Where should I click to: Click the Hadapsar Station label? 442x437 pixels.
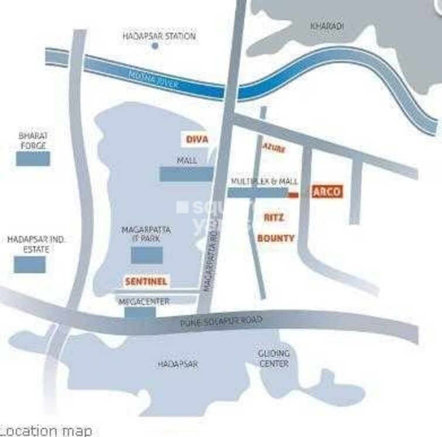(x=159, y=36)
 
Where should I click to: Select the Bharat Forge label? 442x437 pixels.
(x=33, y=140)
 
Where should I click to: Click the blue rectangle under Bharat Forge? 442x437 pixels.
(x=33, y=159)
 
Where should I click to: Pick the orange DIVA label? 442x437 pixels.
(x=197, y=139)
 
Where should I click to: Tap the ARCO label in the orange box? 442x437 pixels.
(x=326, y=192)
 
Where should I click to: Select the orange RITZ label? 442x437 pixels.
(x=274, y=218)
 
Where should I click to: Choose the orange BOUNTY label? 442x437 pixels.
(x=276, y=239)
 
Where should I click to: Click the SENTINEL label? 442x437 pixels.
(x=146, y=281)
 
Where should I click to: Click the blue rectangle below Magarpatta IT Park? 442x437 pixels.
(x=146, y=255)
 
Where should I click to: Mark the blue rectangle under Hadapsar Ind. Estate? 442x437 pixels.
(x=30, y=264)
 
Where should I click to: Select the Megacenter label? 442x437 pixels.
(x=144, y=302)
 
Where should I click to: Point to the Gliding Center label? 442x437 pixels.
(x=273, y=359)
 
